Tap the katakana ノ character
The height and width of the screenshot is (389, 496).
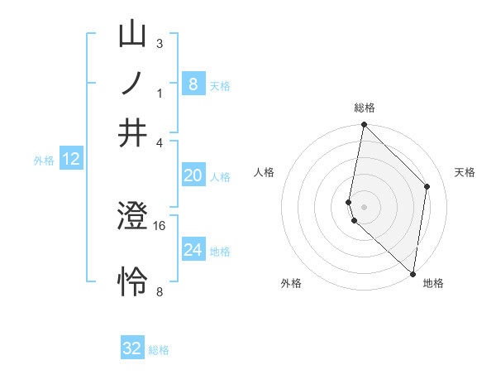tap(132, 84)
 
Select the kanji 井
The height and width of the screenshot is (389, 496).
tap(132, 133)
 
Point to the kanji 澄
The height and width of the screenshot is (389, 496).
tap(132, 218)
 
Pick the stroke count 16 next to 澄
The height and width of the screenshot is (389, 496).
tap(160, 225)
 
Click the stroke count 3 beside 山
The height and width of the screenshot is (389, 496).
tap(160, 43)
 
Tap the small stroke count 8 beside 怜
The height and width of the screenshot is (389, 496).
tap(160, 291)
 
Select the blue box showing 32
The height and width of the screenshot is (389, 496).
tap(132, 348)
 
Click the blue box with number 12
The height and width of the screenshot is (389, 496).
tap(71, 159)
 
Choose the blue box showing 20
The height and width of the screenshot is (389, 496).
tap(193, 175)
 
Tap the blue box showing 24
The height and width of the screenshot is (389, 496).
tap(193, 250)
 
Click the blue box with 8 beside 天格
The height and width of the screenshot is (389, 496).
tap(193, 84)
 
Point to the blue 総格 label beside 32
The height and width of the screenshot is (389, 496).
tap(159, 350)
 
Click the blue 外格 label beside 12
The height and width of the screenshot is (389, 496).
tap(44, 161)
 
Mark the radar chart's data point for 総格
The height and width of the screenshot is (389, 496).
tap(364, 125)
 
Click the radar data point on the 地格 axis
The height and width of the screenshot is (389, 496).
tap(413, 274)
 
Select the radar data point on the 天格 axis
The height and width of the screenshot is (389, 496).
tap(427, 186)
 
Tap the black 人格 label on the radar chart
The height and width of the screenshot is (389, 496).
tap(265, 172)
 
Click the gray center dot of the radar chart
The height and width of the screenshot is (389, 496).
tap(364, 206)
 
